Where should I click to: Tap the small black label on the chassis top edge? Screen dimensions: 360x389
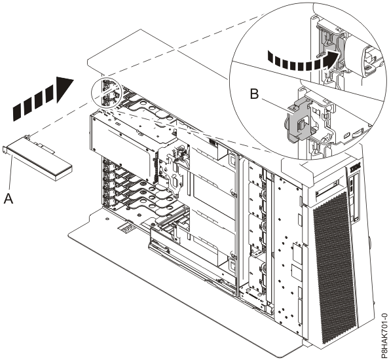click(x=213, y=142)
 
